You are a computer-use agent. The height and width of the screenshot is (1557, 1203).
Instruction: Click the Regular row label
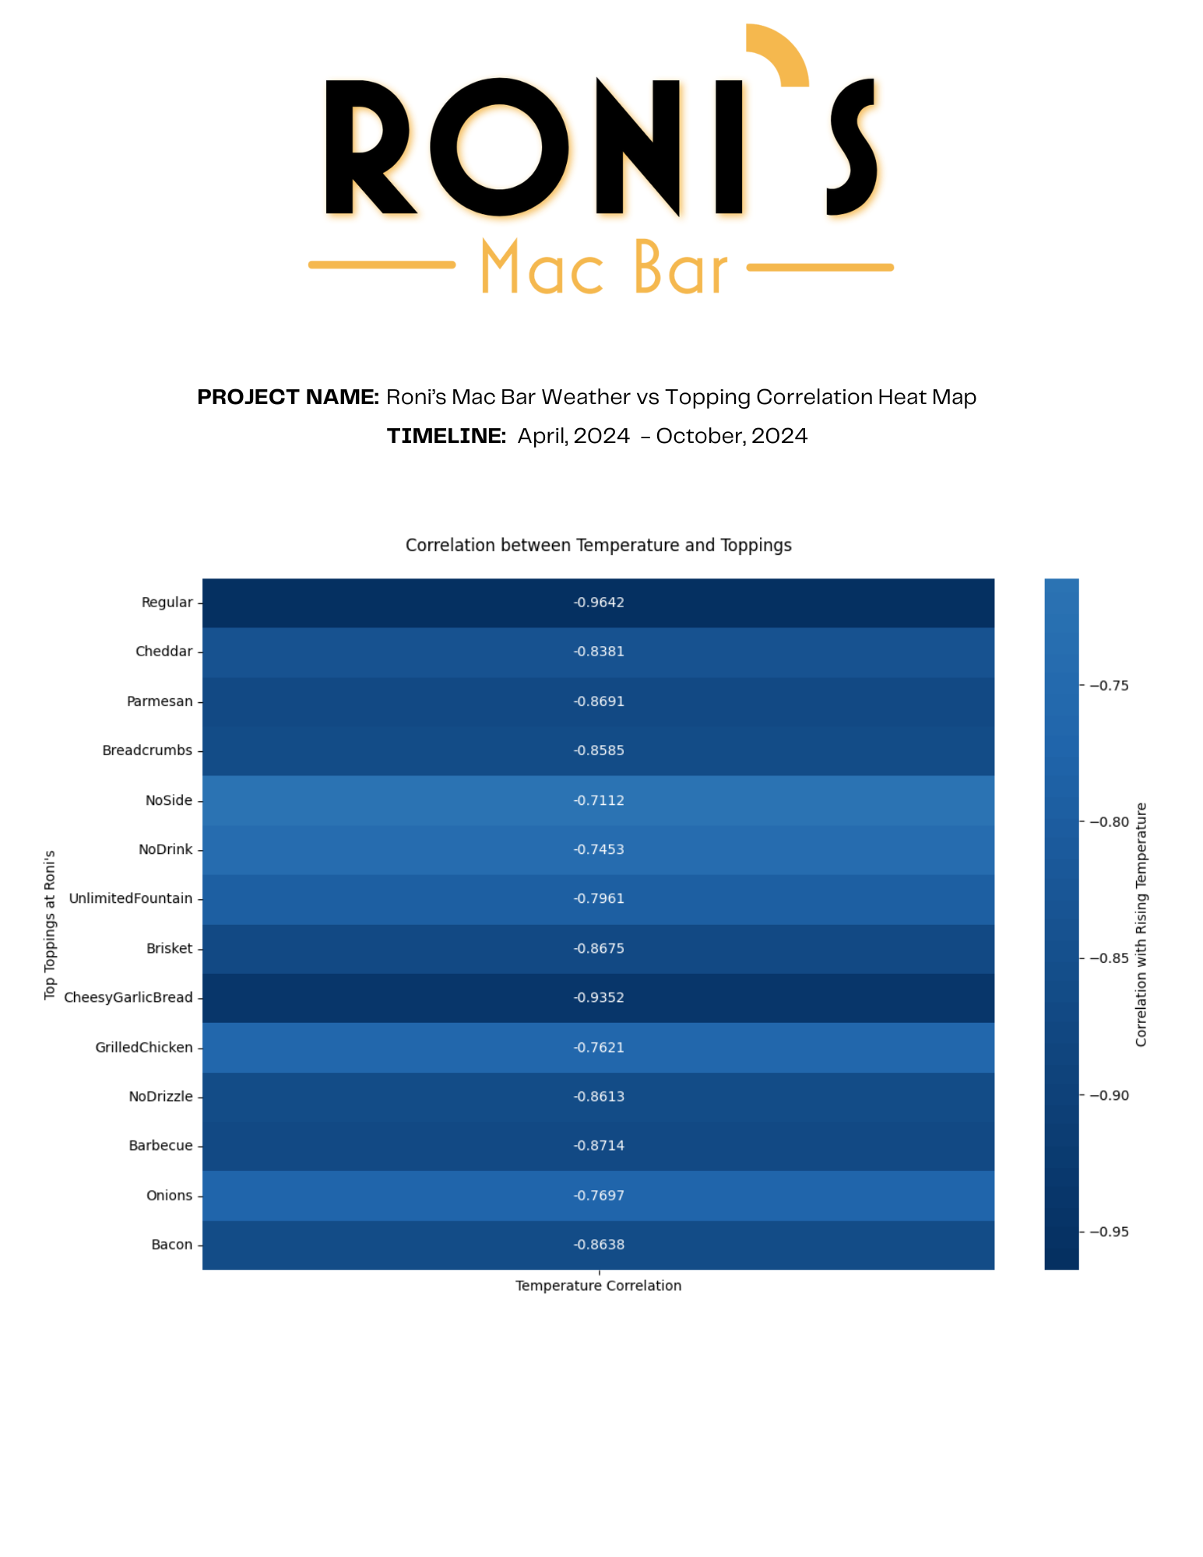coord(167,603)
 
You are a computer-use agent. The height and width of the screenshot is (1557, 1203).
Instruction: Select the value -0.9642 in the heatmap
coord(599,603)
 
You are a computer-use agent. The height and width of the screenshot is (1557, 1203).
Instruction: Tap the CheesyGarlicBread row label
coord(128,998)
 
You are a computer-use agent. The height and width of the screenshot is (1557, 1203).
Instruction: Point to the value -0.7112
coord(599,800)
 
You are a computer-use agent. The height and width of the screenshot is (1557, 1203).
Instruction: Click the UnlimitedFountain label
coord(130,899)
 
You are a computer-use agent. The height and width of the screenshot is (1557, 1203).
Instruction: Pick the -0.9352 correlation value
coord(599,998)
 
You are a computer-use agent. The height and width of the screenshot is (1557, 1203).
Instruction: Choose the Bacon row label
coord(171,1245)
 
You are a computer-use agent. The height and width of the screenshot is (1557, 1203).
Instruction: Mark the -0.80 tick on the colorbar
coord(1109,822)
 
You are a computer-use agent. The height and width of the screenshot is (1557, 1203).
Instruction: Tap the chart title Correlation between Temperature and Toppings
coord(598,546)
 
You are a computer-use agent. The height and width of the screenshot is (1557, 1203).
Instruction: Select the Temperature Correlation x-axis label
coord(598,1286)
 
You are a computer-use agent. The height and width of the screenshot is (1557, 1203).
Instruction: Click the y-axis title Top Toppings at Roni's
coord(50,925)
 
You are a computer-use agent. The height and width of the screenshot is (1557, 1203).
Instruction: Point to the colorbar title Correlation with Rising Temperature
coord(1141,925)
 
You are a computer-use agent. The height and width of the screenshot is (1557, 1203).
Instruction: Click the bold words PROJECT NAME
coord(287,398)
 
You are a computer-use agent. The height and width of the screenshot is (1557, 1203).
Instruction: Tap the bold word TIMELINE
coord(446,437)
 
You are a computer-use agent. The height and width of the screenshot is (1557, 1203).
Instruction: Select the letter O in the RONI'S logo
coord(499,147)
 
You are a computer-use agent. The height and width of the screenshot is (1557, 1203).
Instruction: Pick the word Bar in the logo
coord(681,269)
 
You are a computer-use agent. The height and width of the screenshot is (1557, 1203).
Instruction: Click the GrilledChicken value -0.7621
coord(599,1048)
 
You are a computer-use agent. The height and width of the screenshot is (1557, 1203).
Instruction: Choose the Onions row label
coord(169,1196)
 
